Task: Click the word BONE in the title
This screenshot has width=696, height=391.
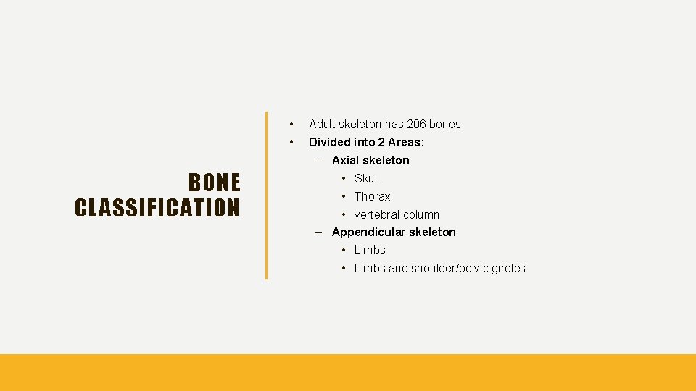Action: (x=214, y=182)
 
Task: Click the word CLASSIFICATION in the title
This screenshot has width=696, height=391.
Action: (x=157, y=208)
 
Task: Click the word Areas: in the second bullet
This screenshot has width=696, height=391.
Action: (x=405, y=142)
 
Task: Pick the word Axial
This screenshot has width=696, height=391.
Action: (x=345, y=160)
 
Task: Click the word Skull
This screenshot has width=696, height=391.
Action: (x=367, y=178)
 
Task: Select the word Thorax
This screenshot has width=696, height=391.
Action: (x=372, y=196)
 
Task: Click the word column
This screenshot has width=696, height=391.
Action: (x=421, y=214)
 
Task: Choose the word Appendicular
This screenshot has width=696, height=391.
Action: (x=369, y=232)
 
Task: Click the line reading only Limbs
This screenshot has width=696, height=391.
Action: (x=370, y=250)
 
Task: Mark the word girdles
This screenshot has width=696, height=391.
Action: (x=507, y=268)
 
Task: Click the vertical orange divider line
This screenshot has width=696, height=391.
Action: (x=266, y=195)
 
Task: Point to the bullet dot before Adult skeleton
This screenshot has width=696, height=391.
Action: (x=291, y=124)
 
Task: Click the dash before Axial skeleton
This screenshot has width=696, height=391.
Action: (x=318, y=160)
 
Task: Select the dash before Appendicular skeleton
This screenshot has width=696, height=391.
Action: (x=318, y=232)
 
